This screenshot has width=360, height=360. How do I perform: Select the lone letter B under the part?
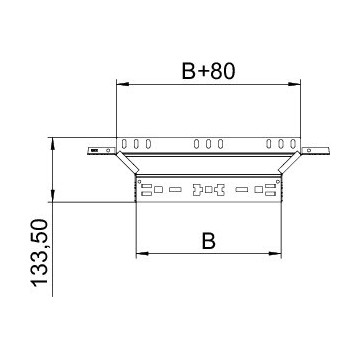click(207, 240)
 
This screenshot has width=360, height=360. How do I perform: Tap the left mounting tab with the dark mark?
click(98, 151)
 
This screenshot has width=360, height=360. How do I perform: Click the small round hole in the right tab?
click(321, 151)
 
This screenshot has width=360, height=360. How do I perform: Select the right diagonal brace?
click(289, 163)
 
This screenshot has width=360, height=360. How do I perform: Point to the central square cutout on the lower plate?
click(208, 188)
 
